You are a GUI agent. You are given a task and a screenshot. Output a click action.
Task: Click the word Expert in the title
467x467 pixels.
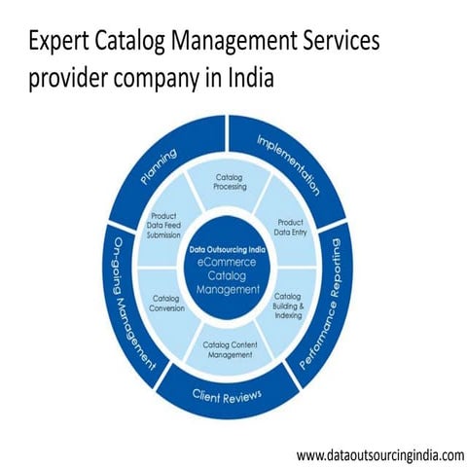(59, 41)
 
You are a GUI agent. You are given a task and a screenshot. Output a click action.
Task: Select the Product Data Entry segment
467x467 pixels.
(291, 227)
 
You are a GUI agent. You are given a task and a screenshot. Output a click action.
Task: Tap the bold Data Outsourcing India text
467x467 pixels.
(229, 249)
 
